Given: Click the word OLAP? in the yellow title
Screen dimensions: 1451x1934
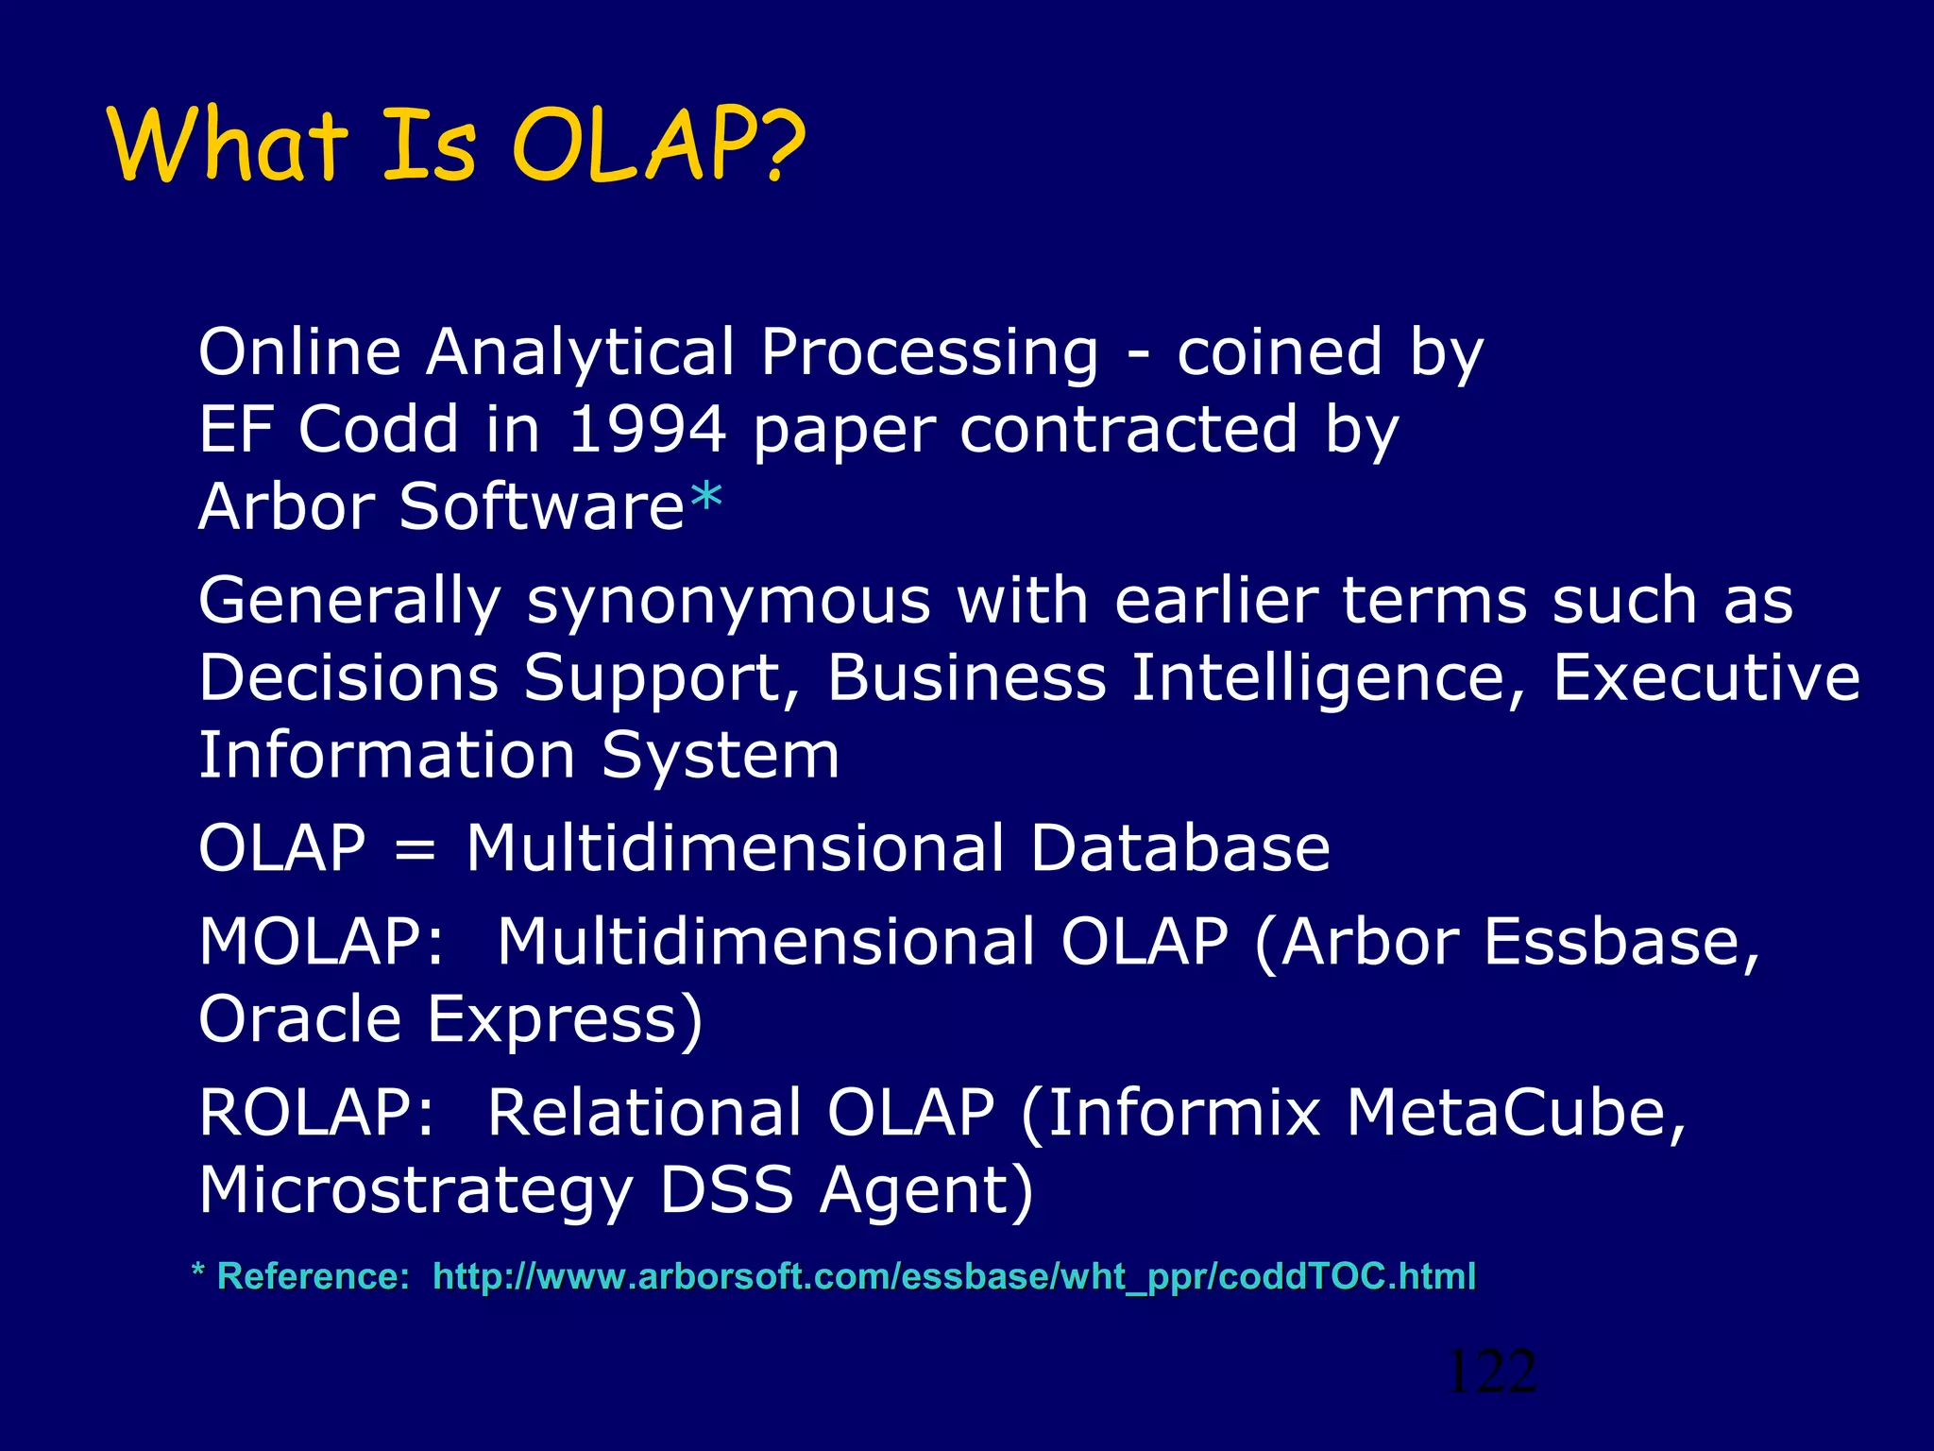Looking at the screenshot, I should point(658,146).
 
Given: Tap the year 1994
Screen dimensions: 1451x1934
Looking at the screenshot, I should point(647,430).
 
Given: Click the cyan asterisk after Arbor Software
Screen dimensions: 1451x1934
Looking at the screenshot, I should point(705,500).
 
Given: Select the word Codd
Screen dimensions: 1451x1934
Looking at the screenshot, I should point(378,430).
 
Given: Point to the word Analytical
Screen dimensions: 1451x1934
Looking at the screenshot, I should point(579,352).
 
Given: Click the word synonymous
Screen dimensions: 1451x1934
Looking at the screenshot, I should point(728,602).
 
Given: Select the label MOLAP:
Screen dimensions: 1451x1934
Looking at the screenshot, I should point(321,942).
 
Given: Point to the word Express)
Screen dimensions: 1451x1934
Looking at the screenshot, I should point(564,1020).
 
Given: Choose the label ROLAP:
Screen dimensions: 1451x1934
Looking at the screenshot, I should point(316,1112).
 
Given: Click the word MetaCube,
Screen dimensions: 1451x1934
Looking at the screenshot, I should point(1515,1112).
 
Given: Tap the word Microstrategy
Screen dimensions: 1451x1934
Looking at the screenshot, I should point(416,1190).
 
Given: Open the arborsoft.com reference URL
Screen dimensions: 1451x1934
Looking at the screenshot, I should point(954,1277).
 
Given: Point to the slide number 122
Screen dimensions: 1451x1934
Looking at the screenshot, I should point(1491,1373).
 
